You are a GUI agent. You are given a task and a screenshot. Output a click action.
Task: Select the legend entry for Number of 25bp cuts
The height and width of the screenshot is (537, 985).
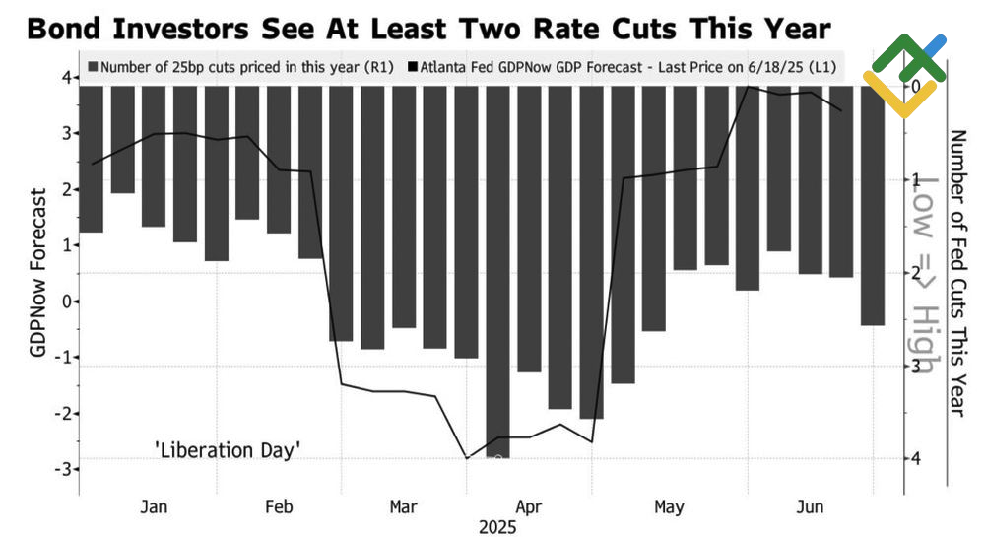(x=241, y=69)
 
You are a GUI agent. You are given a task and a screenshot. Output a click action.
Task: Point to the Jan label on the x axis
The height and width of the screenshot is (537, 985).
(x=154, y=506)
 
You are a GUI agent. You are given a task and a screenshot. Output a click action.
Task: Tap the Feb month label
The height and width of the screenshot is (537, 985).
(x=279, y=506)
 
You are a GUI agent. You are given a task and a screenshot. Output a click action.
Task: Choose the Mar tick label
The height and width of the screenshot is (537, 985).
(x=403, y=506)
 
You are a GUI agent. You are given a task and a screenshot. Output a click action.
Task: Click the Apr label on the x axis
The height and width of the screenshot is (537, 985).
(x=529, y=506)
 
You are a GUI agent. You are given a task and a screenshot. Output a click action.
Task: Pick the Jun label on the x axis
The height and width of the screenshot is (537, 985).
(x=809, y=506)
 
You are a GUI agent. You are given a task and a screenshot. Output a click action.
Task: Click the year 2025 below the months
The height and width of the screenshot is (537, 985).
(x=498, y=527)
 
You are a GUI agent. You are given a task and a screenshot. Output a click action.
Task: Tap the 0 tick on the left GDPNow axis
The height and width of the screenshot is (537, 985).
(x=65, y=302)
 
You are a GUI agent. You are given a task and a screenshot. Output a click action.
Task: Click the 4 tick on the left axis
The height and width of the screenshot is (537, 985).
(x=65, y=78)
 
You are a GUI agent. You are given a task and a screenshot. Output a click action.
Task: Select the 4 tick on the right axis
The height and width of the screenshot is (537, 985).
(x=917, y=459)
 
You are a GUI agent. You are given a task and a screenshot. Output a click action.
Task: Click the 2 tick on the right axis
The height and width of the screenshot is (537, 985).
(x=917, y=273)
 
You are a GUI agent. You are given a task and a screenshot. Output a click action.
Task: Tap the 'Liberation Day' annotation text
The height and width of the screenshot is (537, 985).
(x=228, y=450)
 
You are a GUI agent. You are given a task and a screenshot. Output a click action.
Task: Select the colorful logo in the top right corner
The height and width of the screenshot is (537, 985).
(x=904, y=75)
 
